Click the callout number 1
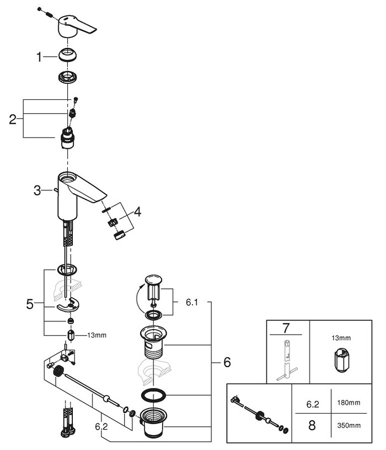(39, 56)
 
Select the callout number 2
(12, 119)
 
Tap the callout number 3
(37, 190)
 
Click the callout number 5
(30, 303)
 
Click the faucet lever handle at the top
(77, 25)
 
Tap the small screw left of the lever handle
(44, 11)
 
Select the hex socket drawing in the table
(340, 362)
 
